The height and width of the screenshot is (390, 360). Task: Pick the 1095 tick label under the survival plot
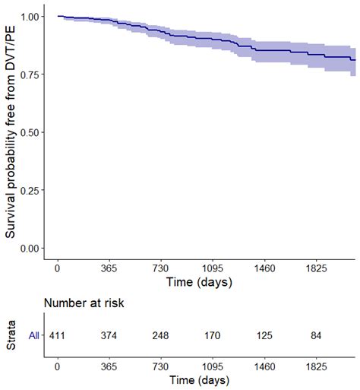[x=213, y=268]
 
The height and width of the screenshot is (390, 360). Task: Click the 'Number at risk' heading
[x=84, y=303]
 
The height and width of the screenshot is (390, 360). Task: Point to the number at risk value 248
[x=161, y=335]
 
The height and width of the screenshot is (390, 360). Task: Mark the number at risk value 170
[x=213, y=335]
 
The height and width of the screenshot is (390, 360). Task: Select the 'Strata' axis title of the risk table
[x=11, y=335]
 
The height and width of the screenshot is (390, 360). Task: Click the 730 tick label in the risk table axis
[x=161, y=365]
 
